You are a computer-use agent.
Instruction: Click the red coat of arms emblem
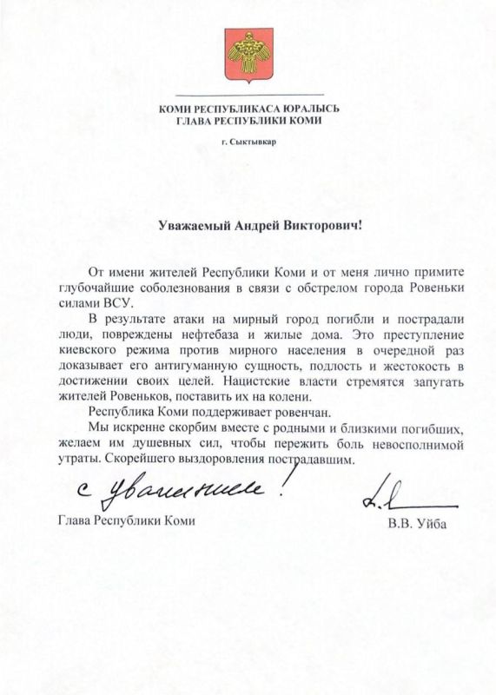click(248, 55)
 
